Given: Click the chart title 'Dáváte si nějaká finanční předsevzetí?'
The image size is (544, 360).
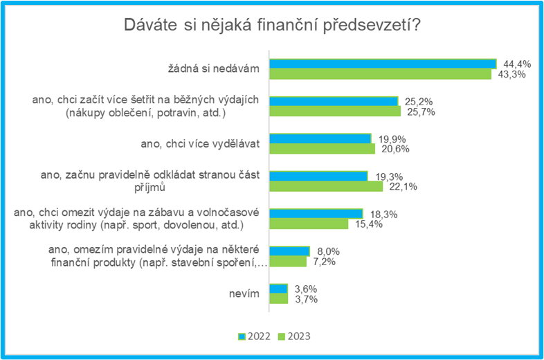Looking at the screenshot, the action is point(272,26).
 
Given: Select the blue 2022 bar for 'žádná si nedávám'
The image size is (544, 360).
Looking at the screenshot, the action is point(383,64).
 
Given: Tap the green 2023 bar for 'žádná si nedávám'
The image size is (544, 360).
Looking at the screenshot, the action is point(381,74).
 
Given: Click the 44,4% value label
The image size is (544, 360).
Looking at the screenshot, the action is point(517,64).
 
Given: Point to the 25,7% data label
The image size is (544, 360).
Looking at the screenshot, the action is point(421,111).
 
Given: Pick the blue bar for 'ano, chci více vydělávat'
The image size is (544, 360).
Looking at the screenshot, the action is point(320,138).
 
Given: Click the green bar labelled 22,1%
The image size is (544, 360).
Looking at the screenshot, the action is point(326,186).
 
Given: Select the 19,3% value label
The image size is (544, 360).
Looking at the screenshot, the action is point(389,177).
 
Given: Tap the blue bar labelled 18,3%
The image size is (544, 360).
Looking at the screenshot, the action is point(316,213).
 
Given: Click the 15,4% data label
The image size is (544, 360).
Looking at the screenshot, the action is point(369,224).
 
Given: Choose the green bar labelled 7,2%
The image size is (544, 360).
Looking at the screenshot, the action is point(288,262).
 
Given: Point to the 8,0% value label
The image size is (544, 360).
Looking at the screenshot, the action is point(328,251).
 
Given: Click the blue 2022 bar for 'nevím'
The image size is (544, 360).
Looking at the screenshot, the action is point(279,289).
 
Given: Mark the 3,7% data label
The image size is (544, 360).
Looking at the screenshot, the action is point(307,299).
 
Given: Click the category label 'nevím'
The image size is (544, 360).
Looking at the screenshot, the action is point(244,294).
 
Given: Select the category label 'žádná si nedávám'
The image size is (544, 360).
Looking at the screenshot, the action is point(214,69).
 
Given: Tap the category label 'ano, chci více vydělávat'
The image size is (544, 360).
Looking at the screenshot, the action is point(200,144).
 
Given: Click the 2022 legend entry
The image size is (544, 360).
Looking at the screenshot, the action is point(254,336).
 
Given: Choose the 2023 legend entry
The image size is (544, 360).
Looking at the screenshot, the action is point(295,336).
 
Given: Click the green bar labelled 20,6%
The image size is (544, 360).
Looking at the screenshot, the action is point(323,149).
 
